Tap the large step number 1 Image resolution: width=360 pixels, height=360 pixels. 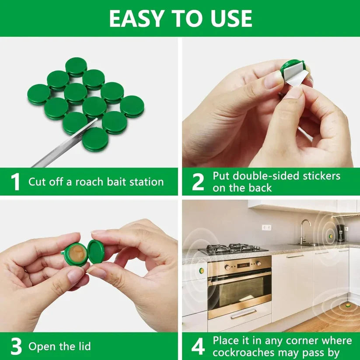click(x=15, y=182)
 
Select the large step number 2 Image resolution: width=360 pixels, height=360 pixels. click(x=198, y=182)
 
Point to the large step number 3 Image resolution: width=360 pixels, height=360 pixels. click(x=16, y=347)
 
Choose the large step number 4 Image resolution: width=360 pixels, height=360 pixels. click(x=198, y=347)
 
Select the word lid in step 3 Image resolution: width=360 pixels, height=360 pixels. click(x=84, y=347)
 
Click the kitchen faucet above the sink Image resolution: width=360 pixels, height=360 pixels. click(x=304, y=230)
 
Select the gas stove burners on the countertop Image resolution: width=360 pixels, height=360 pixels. click(x=232, y=248)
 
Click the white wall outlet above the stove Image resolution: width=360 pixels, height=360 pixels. click(x=266, y=227)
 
